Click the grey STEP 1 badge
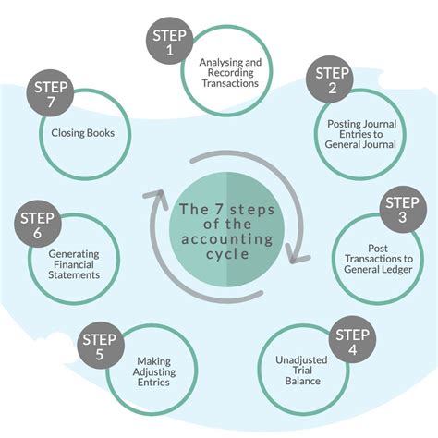[171, 43]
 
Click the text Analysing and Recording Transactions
[229, 73]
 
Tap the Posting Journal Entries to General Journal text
[361, 132]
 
